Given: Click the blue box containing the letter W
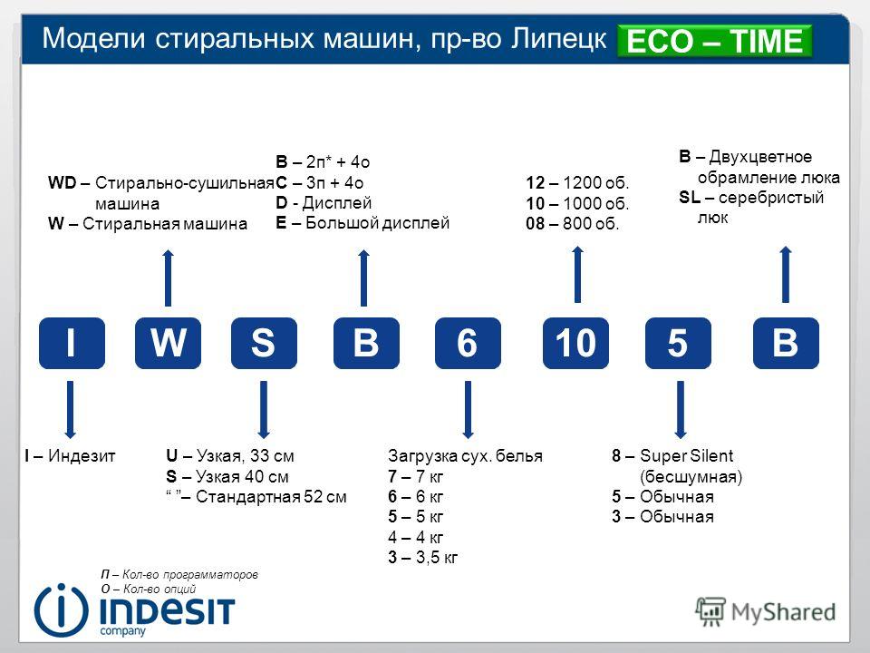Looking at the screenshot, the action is click(168, 343).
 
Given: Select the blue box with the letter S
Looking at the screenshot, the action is click(264, 343).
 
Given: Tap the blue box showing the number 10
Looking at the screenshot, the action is click(575, 343).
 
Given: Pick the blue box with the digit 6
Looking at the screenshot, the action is click(468, 343).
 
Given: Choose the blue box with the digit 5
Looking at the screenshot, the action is click(678, 343).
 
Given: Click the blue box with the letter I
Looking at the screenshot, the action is click(72, 343).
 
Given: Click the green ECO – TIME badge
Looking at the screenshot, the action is click(715, 41).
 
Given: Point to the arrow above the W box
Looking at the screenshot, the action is click(169, 278).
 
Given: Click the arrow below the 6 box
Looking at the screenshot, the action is click(468, 410).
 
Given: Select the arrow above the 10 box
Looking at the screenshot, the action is click(577, 274).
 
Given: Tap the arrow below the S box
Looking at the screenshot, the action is click(264, 410).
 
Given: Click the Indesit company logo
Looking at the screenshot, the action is click(134, 609).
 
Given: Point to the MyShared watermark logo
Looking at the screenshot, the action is click(766, 612).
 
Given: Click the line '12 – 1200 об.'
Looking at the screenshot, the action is click(577, 182).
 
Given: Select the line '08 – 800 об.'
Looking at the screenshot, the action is click(573, 224).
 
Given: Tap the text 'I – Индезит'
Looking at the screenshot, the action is click(70, 456).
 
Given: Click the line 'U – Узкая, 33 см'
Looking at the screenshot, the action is click(229, 456).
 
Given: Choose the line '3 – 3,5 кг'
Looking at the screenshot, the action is click(423, 557).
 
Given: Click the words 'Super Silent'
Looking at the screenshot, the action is click(686, 456).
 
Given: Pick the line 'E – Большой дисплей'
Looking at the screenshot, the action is click(362, 223).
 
